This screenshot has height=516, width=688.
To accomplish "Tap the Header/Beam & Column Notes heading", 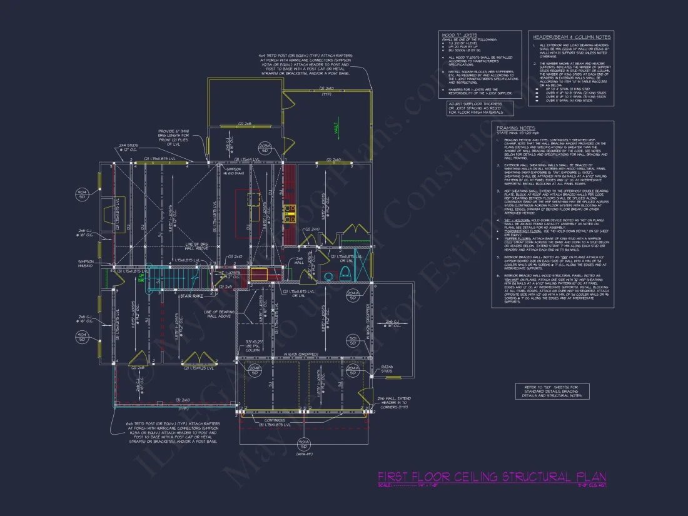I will (x=570, y=37).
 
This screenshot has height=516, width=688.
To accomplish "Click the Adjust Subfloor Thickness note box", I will (x=480, y=108).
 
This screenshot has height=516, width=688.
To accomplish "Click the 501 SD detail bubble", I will (x=353, y=341).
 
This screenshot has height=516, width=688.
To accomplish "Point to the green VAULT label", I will (x=336, y=129).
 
